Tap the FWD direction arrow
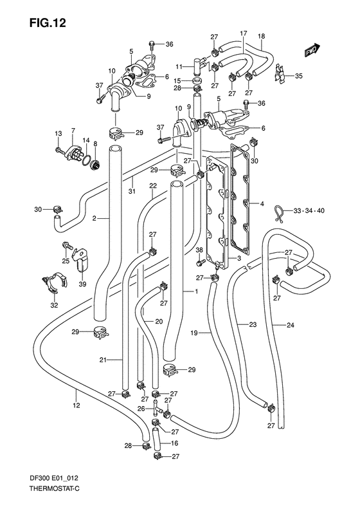pos(313,50)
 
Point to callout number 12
pos(76,405)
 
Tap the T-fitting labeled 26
pos(156,408)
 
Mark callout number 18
pos(262,35)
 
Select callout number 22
pos(154,186)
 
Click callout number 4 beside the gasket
pos(262,205)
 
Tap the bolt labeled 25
pos(66,246)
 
